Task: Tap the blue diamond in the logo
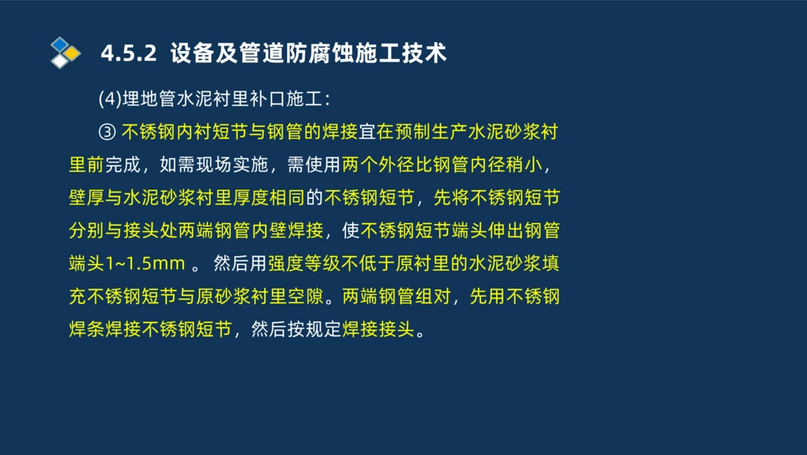click(x=59, y=44)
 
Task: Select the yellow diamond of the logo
click(x=72, y=53)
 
